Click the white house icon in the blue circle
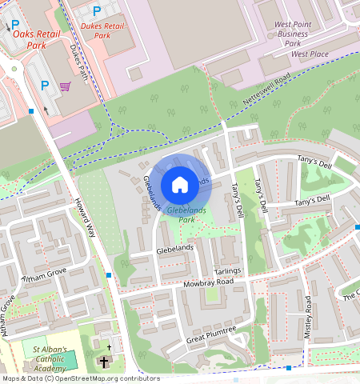pos(180,185)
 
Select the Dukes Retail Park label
pos(102,30)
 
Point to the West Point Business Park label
pos(292,34)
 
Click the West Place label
pos(310,54)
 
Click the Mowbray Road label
pos(206,283)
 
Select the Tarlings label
pos(227,271)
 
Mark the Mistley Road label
pos(308,317)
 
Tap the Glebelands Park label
pos(182,214)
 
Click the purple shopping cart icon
pos(65,86)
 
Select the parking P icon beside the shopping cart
pos(45,86)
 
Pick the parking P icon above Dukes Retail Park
pos(97,11)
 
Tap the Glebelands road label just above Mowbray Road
pos(175,250)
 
